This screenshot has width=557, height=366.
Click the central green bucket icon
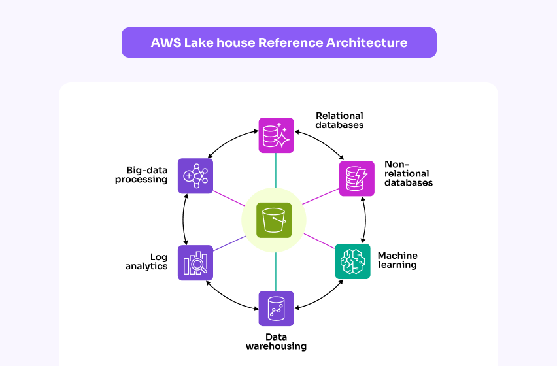[274, 220]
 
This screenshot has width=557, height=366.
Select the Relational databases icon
[276, 135]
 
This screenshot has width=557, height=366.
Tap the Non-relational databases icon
[356, 178]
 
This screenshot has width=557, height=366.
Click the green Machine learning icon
[353, 261]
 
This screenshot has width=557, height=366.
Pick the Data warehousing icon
[276, 308]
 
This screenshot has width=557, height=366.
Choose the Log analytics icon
[195, 263]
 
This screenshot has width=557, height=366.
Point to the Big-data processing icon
[195, 176]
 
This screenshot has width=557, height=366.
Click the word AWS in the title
[165, 43]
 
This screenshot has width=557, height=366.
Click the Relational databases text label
[339, 120]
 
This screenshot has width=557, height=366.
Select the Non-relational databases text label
[408, 174]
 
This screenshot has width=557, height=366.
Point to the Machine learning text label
[397, 260]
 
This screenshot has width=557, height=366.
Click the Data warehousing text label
[276, 342]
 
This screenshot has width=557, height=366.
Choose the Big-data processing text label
[141, 175]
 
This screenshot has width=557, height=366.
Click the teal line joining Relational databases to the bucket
[276, 170]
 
